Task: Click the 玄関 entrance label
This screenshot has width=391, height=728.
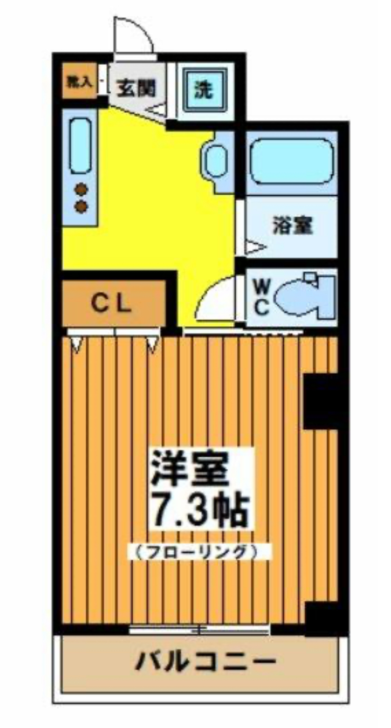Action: point(136,88)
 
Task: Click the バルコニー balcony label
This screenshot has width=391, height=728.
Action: point(205,662)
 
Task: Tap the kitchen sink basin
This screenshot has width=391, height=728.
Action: point(80,145)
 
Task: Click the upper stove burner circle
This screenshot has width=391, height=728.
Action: point(81,190)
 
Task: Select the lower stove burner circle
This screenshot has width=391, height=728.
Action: point(81,206)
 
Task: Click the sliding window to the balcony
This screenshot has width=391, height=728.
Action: point(199,630)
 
